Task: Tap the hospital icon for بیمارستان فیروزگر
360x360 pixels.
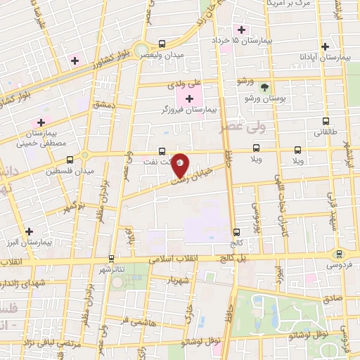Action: pyautogui.click(x=188, y=96)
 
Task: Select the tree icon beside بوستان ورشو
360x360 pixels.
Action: pyautogui.click(x=265, y=88)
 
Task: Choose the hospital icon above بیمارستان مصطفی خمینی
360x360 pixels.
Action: pyautogui.click(x=41, y=122)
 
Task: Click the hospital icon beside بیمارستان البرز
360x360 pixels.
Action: pyautogui.click(x=28, y=231)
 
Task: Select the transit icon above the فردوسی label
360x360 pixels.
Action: pyautogui.click(x=339, y=253)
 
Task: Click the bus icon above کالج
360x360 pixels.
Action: pyautogui.click(x=236, y=231)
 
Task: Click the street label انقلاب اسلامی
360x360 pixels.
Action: pyautogui.click(x=175, y=259)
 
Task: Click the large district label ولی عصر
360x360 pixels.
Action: pyautogui.click(x=235, y=127)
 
